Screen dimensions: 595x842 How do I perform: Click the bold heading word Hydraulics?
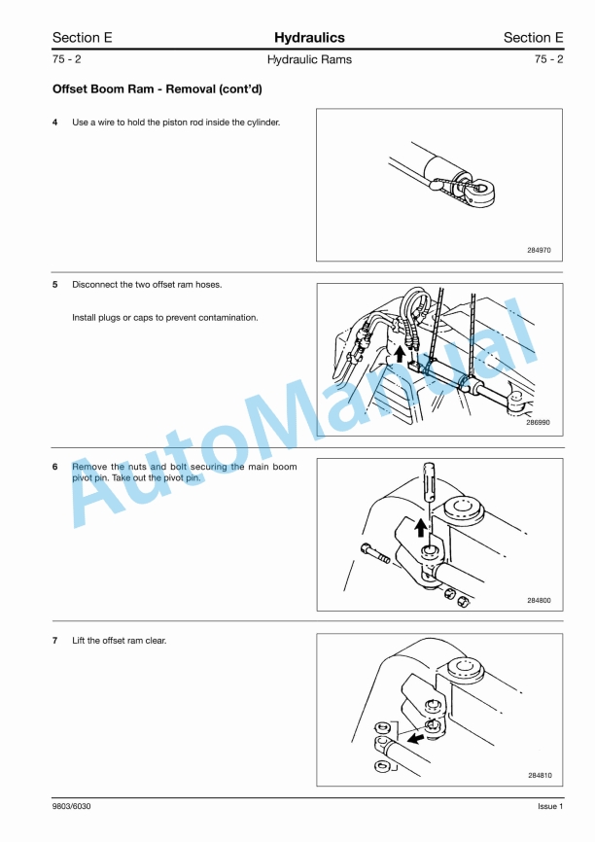pos(309,38)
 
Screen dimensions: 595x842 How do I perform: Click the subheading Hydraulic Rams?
pos(309,59)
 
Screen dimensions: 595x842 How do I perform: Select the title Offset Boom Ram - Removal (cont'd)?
pos(157,89)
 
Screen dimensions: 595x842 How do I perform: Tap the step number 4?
pos(54,123)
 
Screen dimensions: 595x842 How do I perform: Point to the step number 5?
pos(54,285)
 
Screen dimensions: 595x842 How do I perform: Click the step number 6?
pos(54,467)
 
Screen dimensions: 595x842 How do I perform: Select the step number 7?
pos(54,641)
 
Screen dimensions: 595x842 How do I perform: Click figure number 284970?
pos(539,250)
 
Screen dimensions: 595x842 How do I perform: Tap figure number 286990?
pos(538,423)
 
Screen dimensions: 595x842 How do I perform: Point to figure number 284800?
pos(539,600)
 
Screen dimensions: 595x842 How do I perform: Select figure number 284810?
pos(540,776)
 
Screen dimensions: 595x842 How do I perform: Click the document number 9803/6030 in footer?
pos(71,806)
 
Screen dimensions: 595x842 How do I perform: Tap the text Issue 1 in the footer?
pos(550,806)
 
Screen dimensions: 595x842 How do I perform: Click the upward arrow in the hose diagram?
pos(399,354)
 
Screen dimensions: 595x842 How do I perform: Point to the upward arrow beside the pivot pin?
pos(421,527)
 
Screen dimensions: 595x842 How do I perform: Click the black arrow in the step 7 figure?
pos(415,738)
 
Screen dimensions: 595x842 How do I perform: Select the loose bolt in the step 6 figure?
pos(376,553)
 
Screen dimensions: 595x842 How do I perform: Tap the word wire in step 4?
pos(106,123)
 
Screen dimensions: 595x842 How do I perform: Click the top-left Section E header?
pos(83,38)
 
